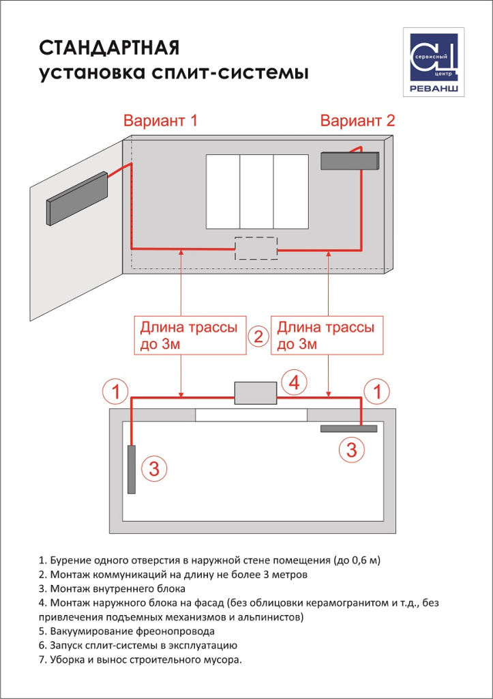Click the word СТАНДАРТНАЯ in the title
point(109,48)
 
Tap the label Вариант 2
point(357,122)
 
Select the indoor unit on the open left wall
point(77,199)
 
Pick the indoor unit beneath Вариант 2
point(350,161)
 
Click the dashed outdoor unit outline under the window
point(256,248)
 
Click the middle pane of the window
point(256,192)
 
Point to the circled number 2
point(258,336)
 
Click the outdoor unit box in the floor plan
point(255,394)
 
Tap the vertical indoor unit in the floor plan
point(131,469)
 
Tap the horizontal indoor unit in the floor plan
point(348,429)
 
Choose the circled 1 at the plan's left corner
point(116,392)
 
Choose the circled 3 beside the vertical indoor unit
point(154,468)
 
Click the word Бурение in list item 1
point(70,560)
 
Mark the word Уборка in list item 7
point(67,659)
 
